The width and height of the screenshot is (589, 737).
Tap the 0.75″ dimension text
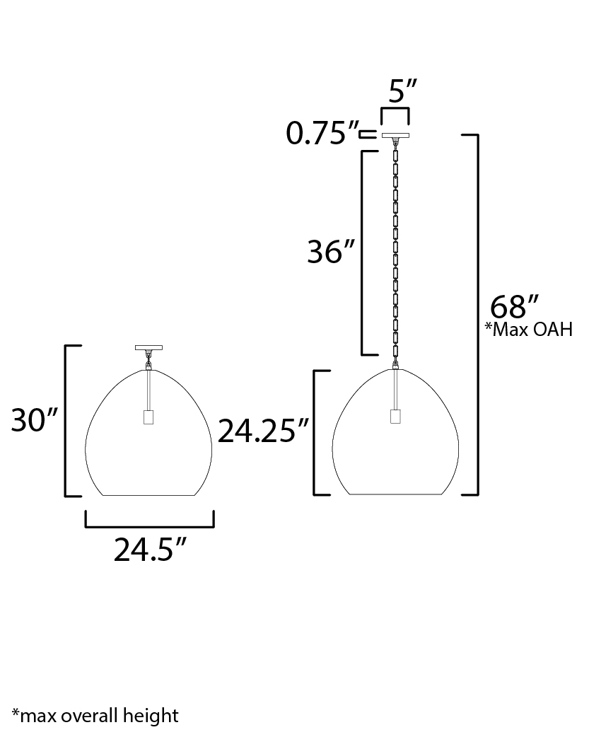pyautogui.click(x=322, y=133)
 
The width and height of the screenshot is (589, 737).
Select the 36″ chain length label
pyautogui.click(x=332, y=252)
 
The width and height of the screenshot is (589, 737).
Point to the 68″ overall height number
pyautogui.click(x=514, y=307)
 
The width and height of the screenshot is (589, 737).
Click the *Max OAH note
pyautogui.click(x=529, y=329)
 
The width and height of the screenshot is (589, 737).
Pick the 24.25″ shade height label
pyautogui.click(x=263, y=431)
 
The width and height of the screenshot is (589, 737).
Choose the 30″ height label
pyautogui.click(x=35, y=419)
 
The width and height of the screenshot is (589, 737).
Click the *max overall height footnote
pyautogui.click(x=95, y=716)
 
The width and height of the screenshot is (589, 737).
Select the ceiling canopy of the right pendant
pyautogui.click(x=395, y=136)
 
